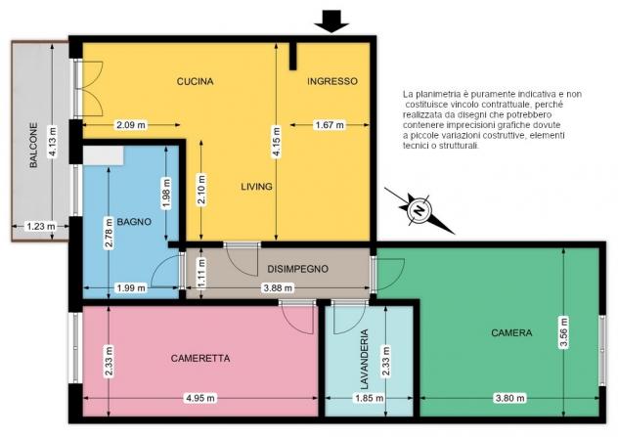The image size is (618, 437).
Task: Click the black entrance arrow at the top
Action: coord(331,22)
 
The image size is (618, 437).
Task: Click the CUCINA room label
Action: coord(196,81)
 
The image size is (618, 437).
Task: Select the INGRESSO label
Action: coord(332,81)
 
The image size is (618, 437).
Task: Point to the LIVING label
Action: coord(256,187)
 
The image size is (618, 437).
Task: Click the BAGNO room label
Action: coord(134,222)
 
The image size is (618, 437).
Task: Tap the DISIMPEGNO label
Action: coord(297,269)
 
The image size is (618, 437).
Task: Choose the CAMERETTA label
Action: coord(200,358)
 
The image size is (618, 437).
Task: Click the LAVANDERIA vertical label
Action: coord(365,359)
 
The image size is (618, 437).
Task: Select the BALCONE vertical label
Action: coord(34,146)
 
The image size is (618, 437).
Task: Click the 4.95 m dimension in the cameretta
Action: coord(200,398)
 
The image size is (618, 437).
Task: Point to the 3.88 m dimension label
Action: coord(278,288)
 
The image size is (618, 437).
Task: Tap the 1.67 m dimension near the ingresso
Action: coord(330,125)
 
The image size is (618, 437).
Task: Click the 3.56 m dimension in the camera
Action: coord(564,332)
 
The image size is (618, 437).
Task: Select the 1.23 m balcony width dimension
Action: coord(40,227)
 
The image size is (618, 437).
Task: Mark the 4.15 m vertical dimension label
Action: coord(277,142)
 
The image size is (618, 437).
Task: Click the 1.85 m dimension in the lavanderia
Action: coord(370,398)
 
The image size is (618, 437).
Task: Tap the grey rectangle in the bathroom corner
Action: coord(104,155)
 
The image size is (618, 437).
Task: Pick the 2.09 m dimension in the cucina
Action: coord(130,125)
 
